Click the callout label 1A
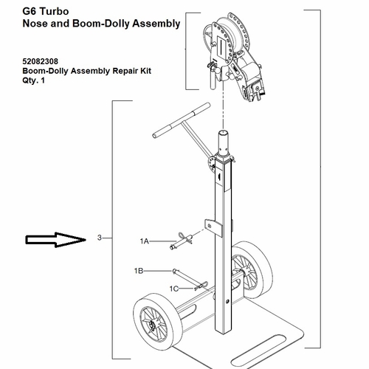click(x=145, y=241)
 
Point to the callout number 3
click(x=99, y=238)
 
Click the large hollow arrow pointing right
click(x=55, y=238)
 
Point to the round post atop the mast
click(x=224, y=140)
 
